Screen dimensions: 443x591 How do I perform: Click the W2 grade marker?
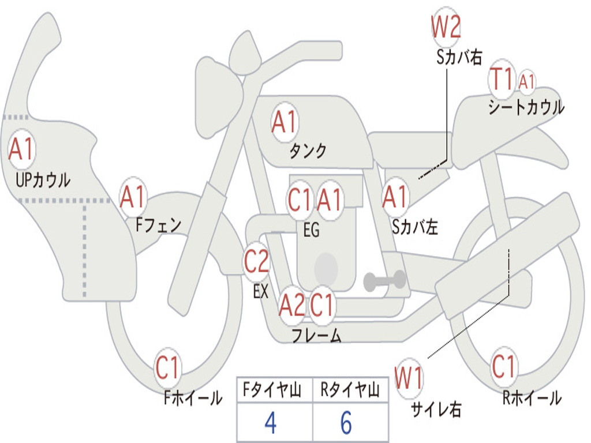point(446,27)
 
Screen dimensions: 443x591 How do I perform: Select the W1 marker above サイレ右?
point(409,378)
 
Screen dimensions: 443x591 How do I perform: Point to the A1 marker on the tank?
point(284,122)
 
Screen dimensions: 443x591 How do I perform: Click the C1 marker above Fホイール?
point(168,367)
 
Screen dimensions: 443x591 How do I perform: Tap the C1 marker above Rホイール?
point(504,366)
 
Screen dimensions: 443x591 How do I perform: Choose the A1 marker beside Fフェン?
point(133,197)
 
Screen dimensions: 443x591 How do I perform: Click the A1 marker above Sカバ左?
point(395,197)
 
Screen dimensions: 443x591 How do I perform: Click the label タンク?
point(308,151)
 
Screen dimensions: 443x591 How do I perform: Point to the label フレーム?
point(316,335)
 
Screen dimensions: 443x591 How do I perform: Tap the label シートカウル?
point(526,107)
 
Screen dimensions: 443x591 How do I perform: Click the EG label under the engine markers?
point(311,230)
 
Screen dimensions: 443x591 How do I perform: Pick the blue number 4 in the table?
point(270,423)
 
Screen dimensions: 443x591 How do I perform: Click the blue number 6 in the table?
point(346,423)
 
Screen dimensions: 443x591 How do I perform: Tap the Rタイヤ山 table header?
point(350,391)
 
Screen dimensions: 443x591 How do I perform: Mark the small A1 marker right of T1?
point(526,81)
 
